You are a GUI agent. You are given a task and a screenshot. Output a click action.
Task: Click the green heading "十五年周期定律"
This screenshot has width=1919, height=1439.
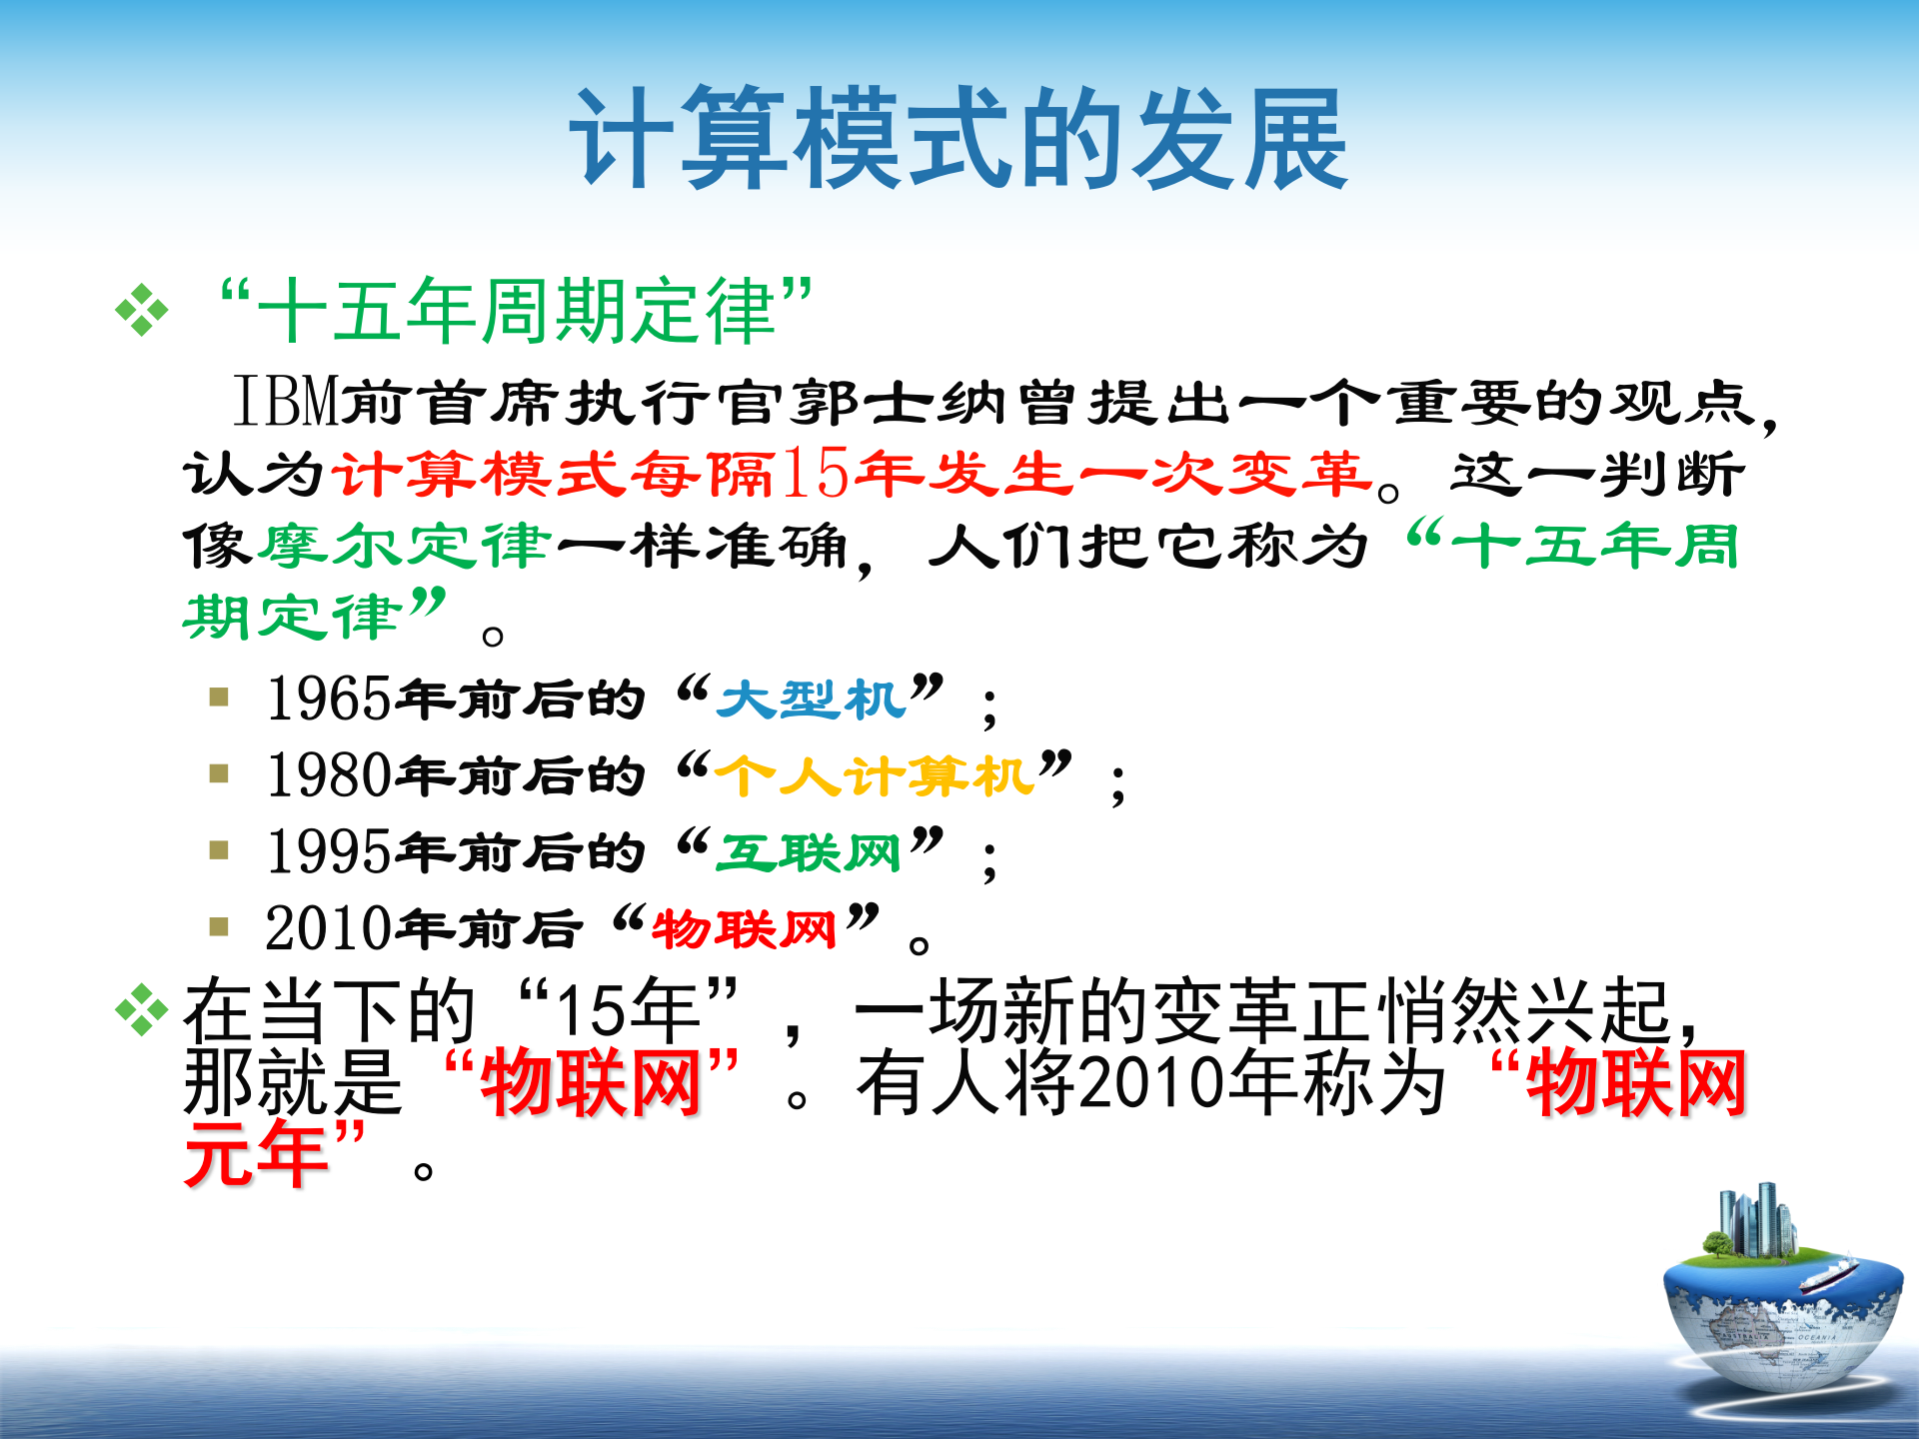(516, 310)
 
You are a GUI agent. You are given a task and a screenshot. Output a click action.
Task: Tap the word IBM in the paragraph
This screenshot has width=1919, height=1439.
(287, 402)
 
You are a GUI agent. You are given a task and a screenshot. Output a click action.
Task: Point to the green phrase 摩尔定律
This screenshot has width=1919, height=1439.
(404, 547)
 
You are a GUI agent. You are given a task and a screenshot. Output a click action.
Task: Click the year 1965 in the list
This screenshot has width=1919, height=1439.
(329, 699)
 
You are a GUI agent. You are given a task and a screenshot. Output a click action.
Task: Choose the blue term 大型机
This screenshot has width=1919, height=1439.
(811, 699)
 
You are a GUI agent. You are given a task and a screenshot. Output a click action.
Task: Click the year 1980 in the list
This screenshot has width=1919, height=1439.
(329, 775)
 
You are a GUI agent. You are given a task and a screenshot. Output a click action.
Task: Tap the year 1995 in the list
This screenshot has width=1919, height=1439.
(329, 852)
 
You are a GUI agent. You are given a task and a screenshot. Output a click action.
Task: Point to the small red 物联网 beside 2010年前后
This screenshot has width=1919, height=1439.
(745, 929)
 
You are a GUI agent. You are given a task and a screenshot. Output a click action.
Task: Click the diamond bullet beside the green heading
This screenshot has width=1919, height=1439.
(142, 311)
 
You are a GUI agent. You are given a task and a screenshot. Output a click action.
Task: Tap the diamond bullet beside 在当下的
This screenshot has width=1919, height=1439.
(142, 1010)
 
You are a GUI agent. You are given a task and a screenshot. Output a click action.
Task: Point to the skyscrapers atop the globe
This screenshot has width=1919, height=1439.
(1755, 1219)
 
